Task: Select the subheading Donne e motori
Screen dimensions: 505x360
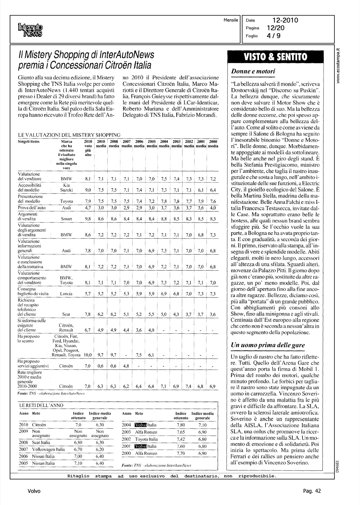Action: [253, 71]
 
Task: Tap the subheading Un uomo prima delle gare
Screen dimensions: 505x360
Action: [268, 345]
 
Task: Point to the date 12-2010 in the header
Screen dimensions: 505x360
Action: [285, 21]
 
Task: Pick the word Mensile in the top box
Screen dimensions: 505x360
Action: [231, 20]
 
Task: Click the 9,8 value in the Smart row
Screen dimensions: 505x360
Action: [88, 219]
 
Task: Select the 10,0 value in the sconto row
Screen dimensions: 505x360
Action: [87, 355]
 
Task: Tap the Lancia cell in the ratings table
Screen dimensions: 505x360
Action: [66, 294]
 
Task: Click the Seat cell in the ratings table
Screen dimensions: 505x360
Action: [66, 314]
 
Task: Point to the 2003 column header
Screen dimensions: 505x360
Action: [176, 142]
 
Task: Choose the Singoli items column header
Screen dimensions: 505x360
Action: [29, 142]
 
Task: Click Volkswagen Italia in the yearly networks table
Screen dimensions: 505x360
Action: [48, 449]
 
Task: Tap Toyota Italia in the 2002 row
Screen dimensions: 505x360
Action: [146, 439]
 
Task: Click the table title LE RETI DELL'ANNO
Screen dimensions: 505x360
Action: [37, 406]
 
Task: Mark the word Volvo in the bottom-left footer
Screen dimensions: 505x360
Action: [34, 491]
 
